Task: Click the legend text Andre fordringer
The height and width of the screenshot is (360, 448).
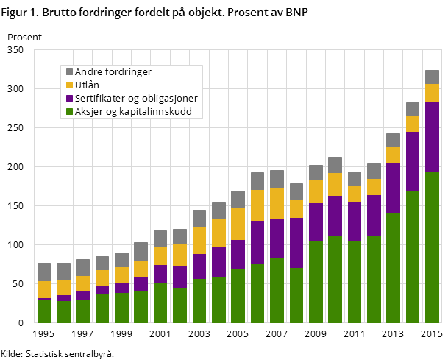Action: (113, 72)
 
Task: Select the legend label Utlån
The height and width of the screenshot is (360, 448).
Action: (88, 85)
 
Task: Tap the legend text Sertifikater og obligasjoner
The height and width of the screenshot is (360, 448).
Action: (136, 99)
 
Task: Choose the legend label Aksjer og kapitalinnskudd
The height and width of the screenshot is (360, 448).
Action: (133, 112)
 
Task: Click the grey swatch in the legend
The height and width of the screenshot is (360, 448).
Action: (70, 72)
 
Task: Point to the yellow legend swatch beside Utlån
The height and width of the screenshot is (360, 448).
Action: (70, 85)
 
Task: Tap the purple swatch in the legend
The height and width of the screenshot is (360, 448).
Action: (70, 99)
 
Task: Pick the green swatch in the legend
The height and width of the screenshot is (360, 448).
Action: (70, 112)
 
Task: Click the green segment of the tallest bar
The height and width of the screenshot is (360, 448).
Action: (432, 247)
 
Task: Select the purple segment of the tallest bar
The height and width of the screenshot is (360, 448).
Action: (432, 137)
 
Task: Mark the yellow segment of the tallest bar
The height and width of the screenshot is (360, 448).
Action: (432, 93)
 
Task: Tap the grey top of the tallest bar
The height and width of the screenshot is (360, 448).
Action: (432, 77)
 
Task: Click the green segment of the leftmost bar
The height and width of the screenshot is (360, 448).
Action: (44, 311)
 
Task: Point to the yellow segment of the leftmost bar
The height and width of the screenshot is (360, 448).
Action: (44, 289)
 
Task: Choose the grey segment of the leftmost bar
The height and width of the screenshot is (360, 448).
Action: (44, 272)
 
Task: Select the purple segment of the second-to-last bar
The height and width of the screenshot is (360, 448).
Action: (413, 161)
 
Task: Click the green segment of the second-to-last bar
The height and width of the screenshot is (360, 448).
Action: (413, 256)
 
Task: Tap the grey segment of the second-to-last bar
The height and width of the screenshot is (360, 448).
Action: (413, 109)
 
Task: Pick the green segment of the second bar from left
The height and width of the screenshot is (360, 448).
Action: (63, 312)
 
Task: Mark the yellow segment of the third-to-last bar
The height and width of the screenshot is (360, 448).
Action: (393, 155)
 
